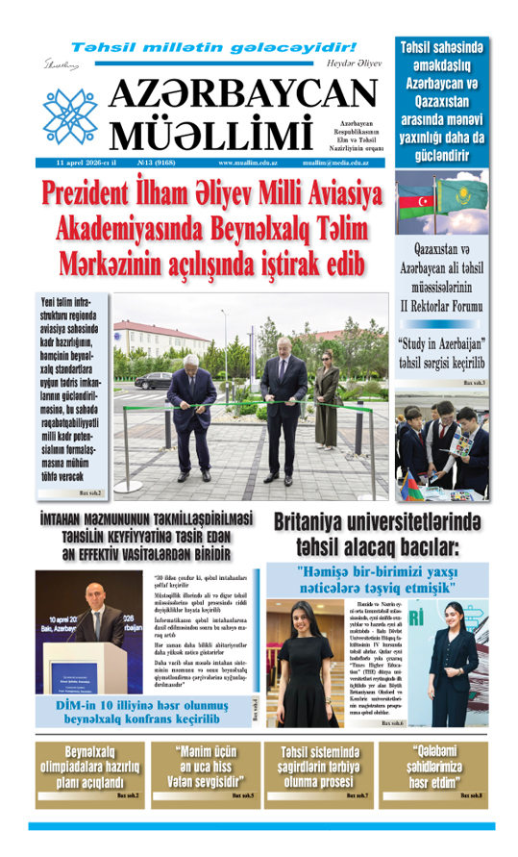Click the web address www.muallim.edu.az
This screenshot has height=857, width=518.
[x=236, y=164]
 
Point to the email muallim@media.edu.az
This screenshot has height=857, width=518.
[x=335, y=164]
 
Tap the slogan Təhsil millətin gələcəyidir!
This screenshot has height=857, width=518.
[x=214, y=47]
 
